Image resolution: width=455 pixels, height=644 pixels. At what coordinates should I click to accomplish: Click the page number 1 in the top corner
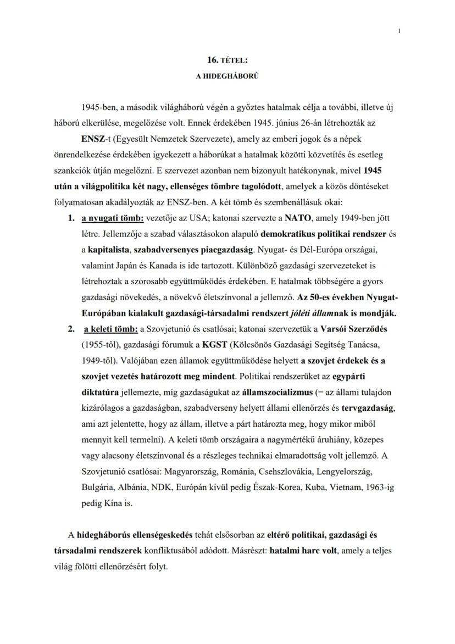(x=399, y=31)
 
